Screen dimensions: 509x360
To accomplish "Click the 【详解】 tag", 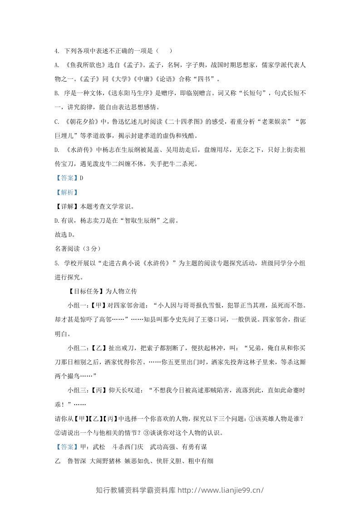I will coord(66,206).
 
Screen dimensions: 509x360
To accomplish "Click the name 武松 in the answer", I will coord(99,447).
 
